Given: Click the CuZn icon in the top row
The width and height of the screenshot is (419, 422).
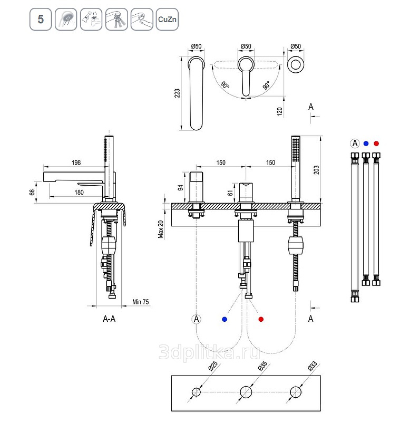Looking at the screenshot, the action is coord(167,20).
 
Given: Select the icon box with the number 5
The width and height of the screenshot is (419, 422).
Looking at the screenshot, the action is coord(41,20).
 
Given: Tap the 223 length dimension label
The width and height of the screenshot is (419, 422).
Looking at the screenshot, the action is coord(177,93).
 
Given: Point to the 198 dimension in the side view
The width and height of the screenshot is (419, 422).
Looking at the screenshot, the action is coord(76,162).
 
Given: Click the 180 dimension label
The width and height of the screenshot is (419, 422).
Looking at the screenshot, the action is coord(79,193).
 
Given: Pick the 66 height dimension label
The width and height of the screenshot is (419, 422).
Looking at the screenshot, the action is coord(32,192).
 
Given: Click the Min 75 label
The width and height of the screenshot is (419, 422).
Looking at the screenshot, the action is coord(140,302).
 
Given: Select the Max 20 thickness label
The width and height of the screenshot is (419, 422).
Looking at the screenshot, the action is coord(161,229).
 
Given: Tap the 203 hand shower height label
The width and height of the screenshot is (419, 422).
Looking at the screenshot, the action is coord(316,170).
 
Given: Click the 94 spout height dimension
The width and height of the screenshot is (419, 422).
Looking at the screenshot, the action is coord(180,188).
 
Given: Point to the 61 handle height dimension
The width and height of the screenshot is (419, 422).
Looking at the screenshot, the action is coord(230,193).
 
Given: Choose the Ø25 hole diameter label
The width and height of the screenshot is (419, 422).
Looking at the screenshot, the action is coord(213,366).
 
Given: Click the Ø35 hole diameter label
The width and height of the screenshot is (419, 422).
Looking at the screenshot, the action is coord(263,366).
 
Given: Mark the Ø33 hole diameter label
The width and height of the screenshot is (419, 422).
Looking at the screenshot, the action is coord(313,366).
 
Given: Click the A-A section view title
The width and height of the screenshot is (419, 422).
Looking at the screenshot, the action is coord(109,319).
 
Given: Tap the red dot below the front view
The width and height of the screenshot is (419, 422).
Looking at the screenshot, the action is coord(261,319).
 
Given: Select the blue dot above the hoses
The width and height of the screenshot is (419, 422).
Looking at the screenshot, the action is coord(366,143).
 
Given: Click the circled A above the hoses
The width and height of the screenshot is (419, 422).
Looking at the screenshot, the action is coord(355,143).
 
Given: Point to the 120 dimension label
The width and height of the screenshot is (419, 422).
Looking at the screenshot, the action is coord(280,111).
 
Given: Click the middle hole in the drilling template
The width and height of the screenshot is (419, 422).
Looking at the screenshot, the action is coord(246,392).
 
